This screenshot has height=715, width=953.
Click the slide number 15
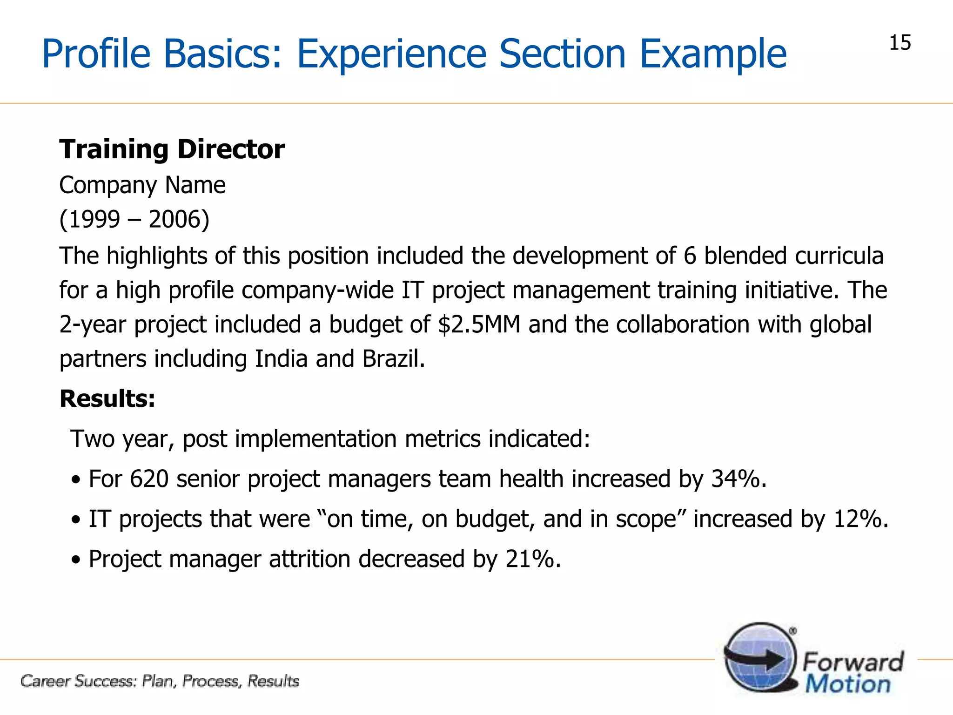tap(900, 43)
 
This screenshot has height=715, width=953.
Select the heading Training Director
tap(172, 150)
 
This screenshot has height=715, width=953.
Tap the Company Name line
tap(142, 185)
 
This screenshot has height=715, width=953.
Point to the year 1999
tap(94, 219)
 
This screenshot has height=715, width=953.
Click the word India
tap(281, 359)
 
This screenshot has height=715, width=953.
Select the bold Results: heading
tap(107, 399)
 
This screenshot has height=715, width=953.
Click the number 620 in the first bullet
tap(149, 479)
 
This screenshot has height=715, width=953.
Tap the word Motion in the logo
tap(848, 685)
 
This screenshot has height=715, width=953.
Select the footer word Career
tap(46, 681)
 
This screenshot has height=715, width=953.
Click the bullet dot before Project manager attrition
tap(76, 560)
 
